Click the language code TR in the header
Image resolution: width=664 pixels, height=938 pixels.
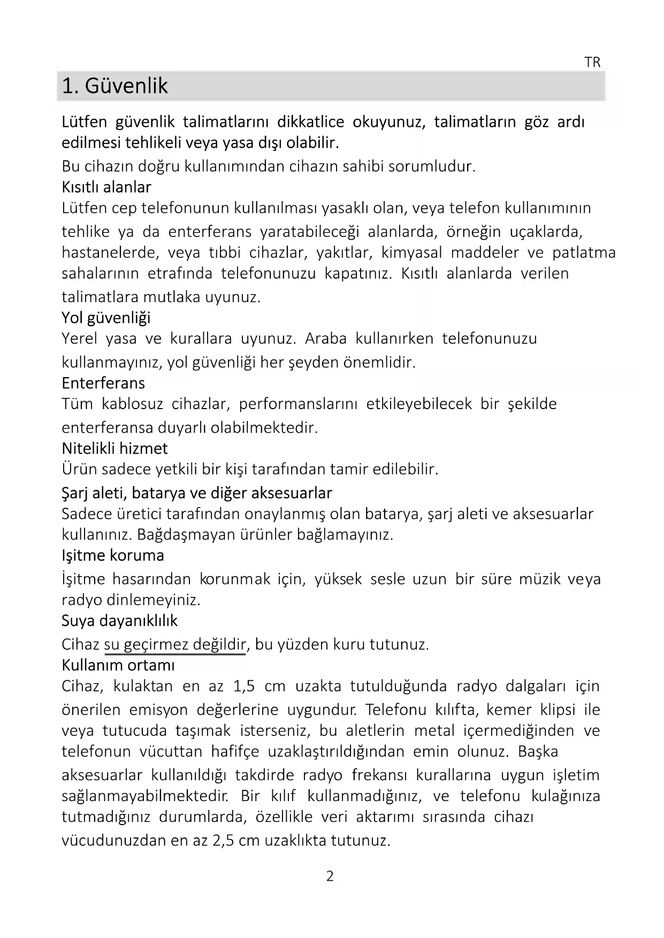point(592,63)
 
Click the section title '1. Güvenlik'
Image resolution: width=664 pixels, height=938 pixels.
point(115,86)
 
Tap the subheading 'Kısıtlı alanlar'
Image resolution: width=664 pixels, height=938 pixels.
point(106,187)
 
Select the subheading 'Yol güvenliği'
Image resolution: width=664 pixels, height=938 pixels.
point(106,318)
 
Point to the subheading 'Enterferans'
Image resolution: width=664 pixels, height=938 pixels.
point(103,383)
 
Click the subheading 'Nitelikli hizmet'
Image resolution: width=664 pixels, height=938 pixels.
point(115,448)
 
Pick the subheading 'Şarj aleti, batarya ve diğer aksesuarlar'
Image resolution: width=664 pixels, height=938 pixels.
point(197,493)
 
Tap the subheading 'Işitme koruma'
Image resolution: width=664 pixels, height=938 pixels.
point(113,555)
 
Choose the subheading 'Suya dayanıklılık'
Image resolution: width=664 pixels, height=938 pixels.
point(119,620)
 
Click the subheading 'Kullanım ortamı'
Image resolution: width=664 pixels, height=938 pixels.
point(118,665)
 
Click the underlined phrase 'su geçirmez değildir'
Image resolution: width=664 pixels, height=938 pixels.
point(175,644)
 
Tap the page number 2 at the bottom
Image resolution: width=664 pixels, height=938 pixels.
point(330,876)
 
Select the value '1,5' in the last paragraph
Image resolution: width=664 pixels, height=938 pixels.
point(244,686)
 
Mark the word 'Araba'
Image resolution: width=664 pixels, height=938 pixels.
point(326,339)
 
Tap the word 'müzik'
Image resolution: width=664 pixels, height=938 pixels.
point(539,579)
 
